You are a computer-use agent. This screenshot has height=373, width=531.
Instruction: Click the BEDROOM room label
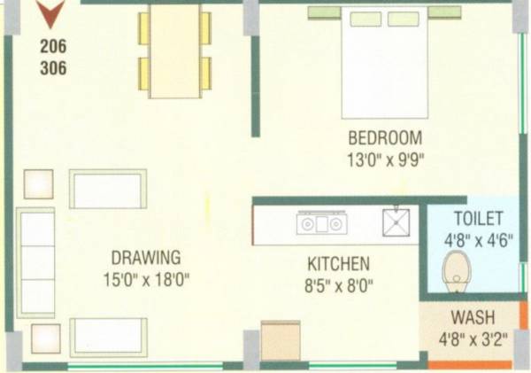(x=385, y=138)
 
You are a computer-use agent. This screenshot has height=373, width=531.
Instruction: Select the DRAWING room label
(x=146, y=258)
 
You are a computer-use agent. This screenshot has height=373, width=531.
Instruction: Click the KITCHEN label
(x=338, y=264)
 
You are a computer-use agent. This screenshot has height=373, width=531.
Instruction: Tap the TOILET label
(x=478, y=218)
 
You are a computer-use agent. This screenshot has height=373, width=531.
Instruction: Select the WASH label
(x=473, y=317)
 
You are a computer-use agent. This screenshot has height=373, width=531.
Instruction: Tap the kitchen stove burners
(x=320, y=224)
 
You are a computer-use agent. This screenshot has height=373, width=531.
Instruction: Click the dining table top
(x=174, y=51)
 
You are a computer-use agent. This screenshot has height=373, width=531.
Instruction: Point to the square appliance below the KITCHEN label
(x=281, y=341)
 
